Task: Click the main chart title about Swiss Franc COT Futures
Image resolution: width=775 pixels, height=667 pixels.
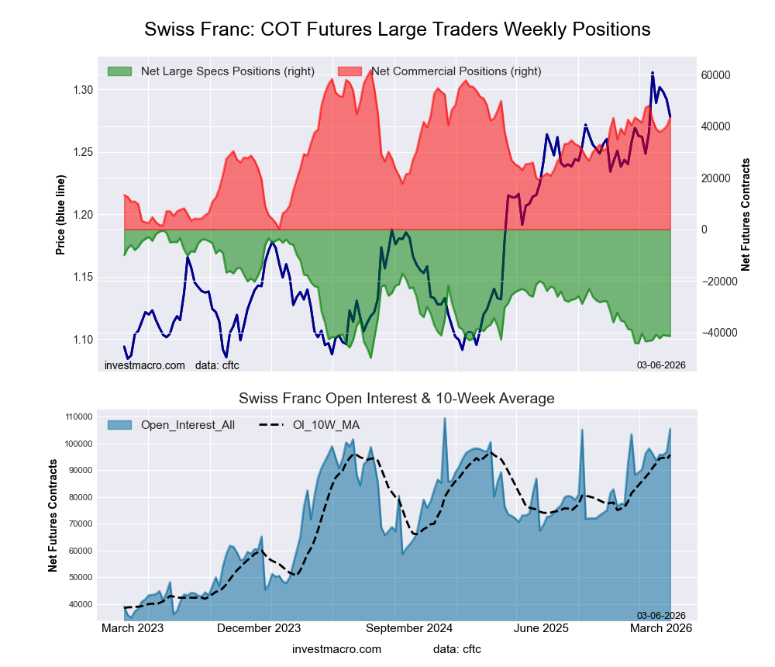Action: click(397, 29)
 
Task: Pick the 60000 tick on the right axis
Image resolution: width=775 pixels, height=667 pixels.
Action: click(716, 75)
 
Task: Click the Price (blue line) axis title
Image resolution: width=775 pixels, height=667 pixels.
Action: click(60, 214)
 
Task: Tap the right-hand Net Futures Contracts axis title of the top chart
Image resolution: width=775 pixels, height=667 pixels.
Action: click(746, 214)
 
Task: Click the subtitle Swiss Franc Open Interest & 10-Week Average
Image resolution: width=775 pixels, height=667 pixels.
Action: click(397, 399)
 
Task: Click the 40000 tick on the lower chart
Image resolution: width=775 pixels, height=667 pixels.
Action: click(79, 604)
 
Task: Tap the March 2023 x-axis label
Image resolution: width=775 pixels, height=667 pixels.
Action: click(133, 628)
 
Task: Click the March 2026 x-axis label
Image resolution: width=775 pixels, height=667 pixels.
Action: click(660, 628)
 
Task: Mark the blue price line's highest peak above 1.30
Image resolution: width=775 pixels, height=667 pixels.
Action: click(653, 73)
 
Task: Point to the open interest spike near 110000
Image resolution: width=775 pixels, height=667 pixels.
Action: click(445, 419)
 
